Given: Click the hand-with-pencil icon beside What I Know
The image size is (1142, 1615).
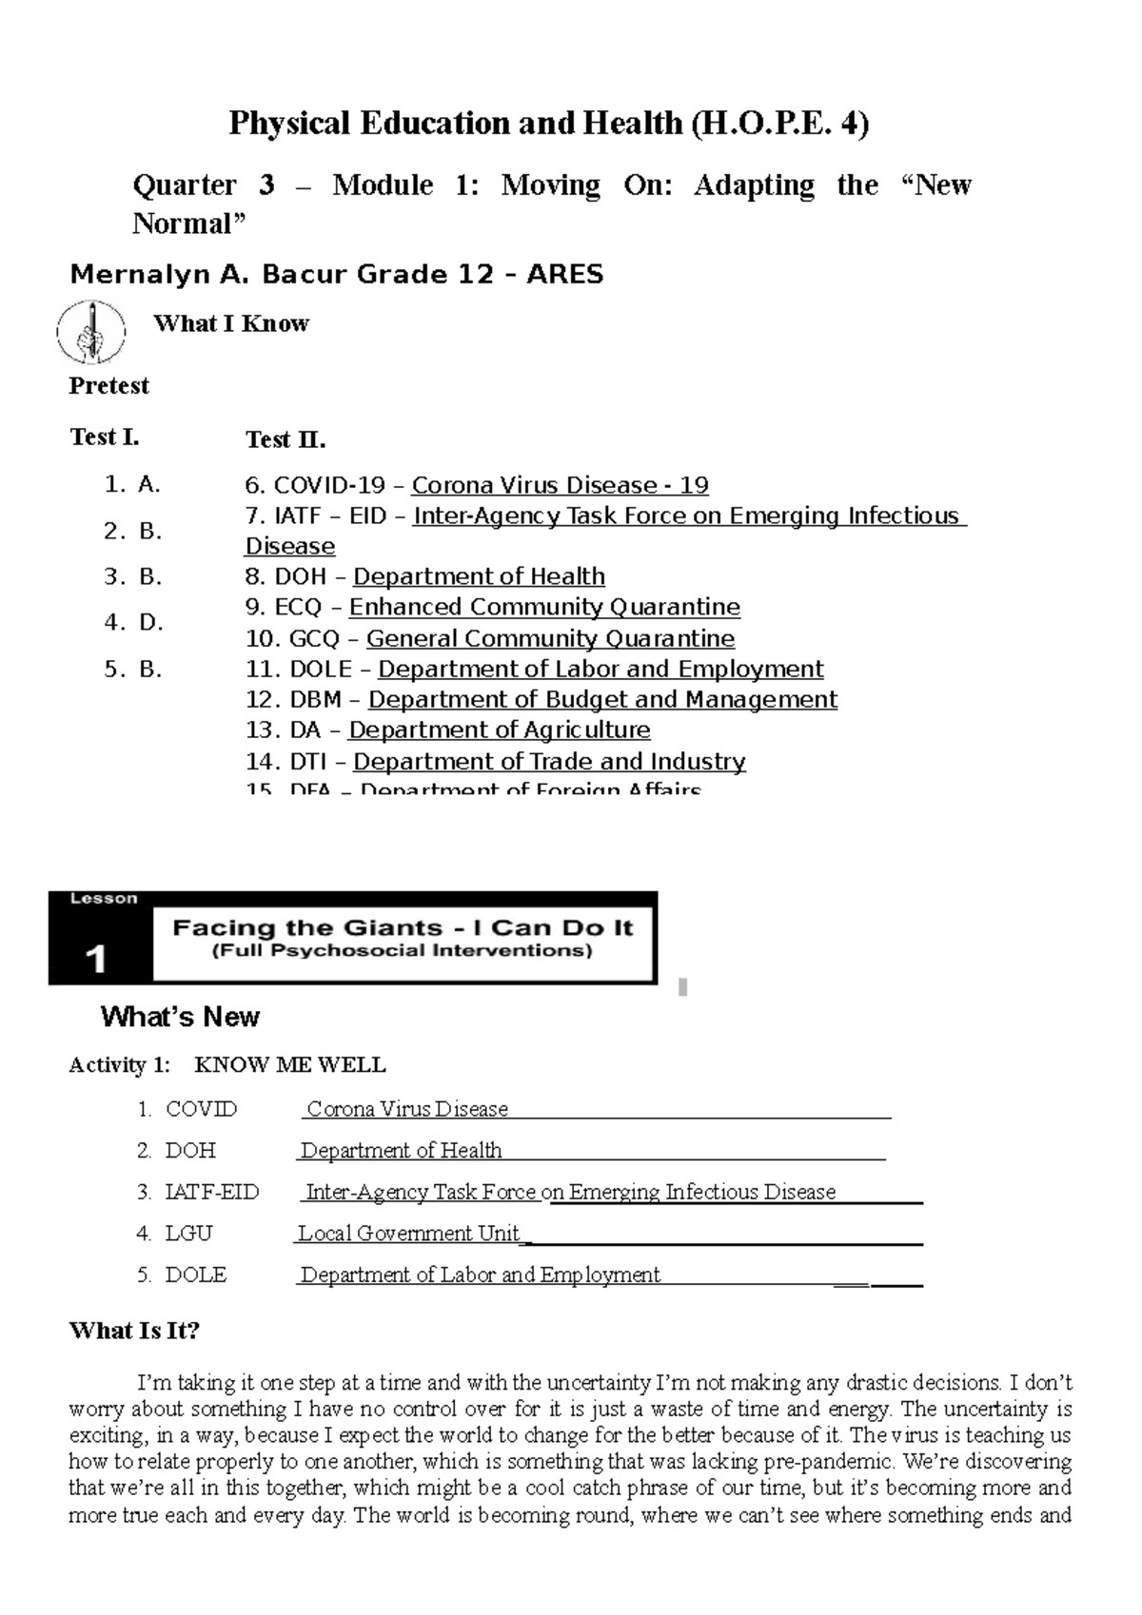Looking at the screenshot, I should [x=90, y=332].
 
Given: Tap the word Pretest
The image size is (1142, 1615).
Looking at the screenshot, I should [x=108, y=385].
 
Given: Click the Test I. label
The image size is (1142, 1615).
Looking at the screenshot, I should [x=104, y=438].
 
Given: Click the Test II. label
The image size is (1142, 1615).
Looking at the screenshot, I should [x=285, y=439].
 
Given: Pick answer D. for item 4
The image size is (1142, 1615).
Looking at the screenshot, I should [x=150, y=623].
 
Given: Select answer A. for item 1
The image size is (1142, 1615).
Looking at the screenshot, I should [x=148, y=485].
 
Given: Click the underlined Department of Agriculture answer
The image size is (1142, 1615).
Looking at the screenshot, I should [x=500, y=730].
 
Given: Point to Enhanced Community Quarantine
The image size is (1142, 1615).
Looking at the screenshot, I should [x=544, y=608].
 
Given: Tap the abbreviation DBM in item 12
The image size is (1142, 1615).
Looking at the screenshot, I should [x=315, y=700].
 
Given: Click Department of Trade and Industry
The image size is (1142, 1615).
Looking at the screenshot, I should [x=549, y=762].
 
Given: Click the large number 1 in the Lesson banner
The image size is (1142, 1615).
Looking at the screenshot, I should [x=95, y=960].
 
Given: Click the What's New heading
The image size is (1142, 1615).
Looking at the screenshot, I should [x=180, y=1018].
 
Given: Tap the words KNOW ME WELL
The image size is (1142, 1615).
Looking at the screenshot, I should [x=289, y=1065].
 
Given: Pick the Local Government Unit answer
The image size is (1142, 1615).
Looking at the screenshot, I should [x=409, y=1234].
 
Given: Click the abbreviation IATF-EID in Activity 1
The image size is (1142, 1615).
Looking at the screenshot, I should [x=211, y=1193].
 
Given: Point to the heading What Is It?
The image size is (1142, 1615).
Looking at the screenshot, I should [x=134, y=1331].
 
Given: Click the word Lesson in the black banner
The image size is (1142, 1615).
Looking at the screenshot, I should [x=104, y=899].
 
